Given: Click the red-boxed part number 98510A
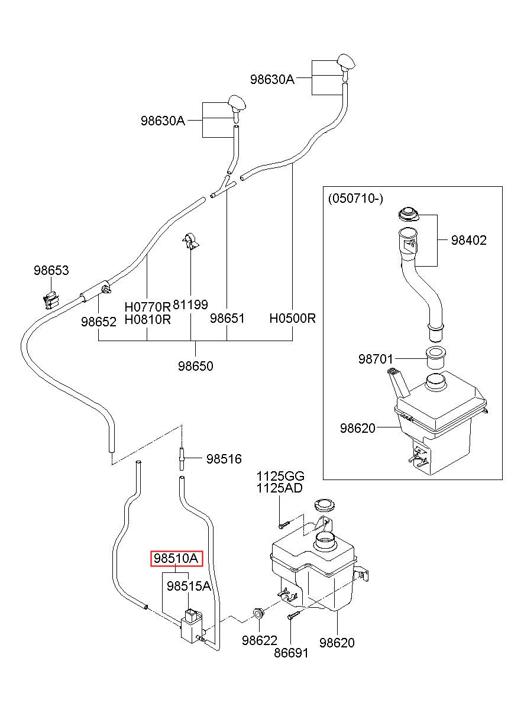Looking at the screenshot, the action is (x=176, y=558).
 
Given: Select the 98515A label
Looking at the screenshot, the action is (x=189, y=586).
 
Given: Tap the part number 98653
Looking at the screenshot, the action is (x=51, y=270).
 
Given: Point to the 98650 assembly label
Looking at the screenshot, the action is (x=196, y=366).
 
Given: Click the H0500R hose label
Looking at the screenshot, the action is (x=293, y=318).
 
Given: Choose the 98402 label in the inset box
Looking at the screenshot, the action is (x=468, y=240).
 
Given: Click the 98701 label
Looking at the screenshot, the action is (x=376, y=359).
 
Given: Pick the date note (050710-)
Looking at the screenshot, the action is (x=355, y=199).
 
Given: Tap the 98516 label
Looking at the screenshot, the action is (x=224, y=459).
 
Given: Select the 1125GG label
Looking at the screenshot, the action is (x=280, y=477).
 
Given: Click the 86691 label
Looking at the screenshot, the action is (x=291, y=653).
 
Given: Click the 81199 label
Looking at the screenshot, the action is (x=190, y=304).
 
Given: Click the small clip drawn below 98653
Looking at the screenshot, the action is (x=51, y=300).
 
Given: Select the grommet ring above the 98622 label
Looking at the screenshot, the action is (x=258, y=613).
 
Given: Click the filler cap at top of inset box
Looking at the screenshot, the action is (x=409, y=213).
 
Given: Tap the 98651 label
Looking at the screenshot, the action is (x=227, y=318).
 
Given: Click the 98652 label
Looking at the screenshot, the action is (x=98, y=322).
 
